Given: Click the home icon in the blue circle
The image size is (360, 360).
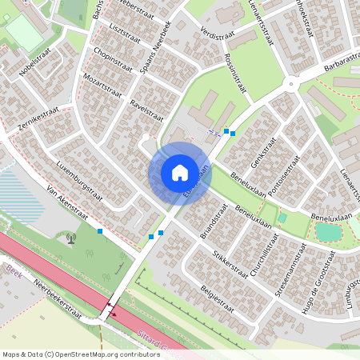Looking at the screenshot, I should point(180,172).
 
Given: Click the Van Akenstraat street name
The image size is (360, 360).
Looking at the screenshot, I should point(66,203).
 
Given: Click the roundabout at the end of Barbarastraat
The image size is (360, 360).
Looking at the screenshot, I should point(291,83).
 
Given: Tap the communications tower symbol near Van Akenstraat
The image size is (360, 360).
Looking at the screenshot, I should point(70,237).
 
